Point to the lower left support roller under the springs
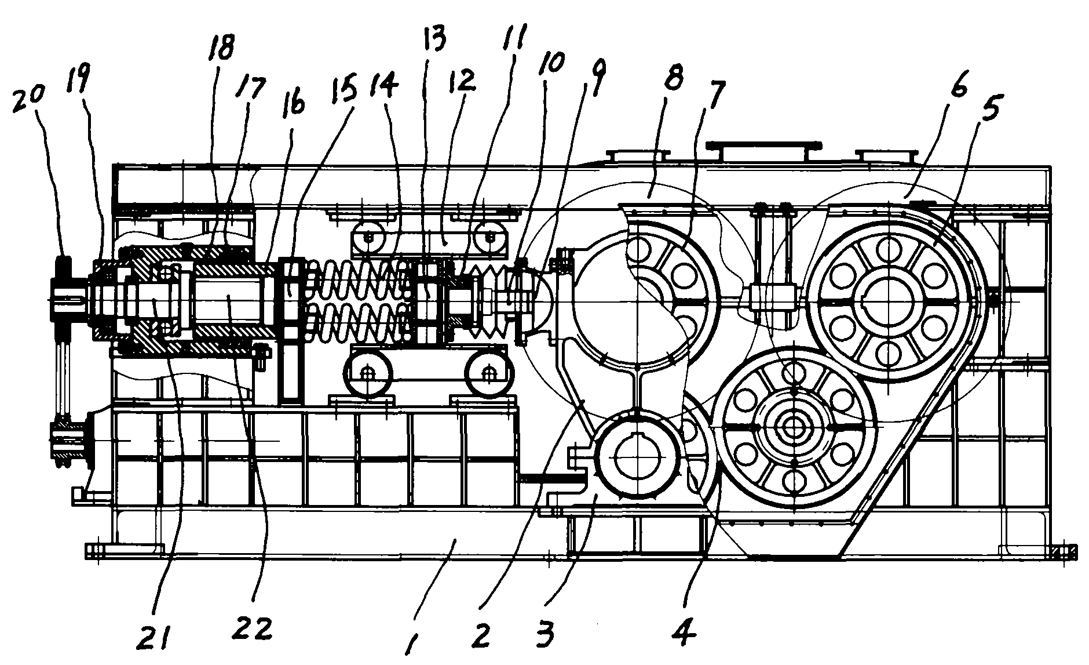tap(366, 375)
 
